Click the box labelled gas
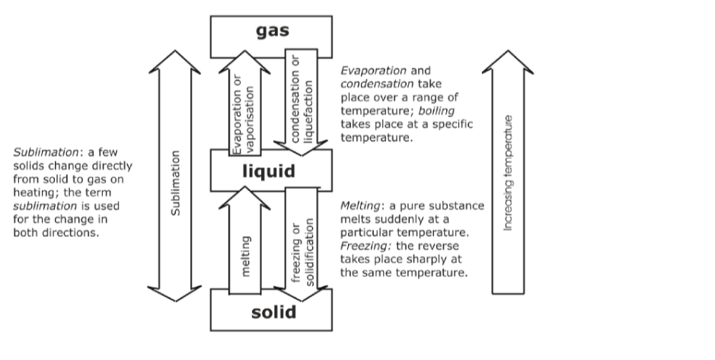271,30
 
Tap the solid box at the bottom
271,311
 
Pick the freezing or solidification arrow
304,244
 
